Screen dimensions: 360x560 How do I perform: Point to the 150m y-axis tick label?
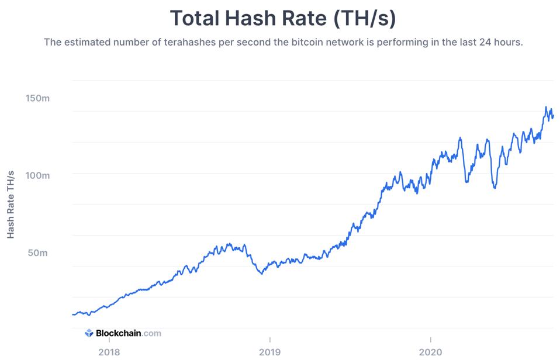pyautogui.click(x=37, y=98)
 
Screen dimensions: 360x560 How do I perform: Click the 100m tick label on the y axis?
pyautogui.click(x=37, y=175)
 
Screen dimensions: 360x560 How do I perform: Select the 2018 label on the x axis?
pyautogui.click(x=109, y=352)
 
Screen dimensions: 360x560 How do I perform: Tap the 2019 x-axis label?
pyautogui.click(x=269, y=352)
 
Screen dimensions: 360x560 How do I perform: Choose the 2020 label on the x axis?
pyautogui.click(x=430, y=352)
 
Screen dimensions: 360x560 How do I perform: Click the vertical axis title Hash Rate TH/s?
pyautogui.click(x=11, y=205)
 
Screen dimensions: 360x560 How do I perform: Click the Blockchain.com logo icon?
pyautogui.click(x=89, y=333)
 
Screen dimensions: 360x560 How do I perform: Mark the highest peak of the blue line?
pyautogui.click(x=546, y=107)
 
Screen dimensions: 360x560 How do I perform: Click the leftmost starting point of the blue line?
pyautogui.click(x=72, y=314)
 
